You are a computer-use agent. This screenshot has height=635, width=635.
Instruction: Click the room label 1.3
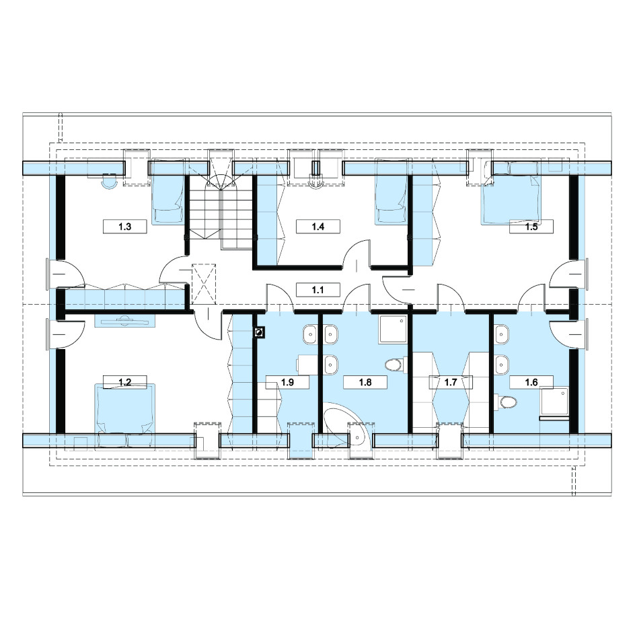[x=124, y=227]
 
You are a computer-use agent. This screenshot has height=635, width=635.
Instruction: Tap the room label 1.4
[x=318, y=227]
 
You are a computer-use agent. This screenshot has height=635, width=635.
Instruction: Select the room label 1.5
[x=531, y=227]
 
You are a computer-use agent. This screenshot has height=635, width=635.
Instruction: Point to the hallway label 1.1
[x=318, y=290]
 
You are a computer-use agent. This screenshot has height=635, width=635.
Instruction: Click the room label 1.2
[x=124, y=382]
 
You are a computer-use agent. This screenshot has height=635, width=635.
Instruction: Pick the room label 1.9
[x=287, y=382]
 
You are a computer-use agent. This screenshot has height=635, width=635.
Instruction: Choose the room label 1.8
[x=365, y=382]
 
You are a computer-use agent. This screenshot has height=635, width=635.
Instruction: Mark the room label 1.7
[x=451, y=382]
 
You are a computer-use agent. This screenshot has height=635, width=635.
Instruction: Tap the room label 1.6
[x=531, y=382]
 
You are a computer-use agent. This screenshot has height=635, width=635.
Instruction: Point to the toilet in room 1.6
[x=508, y=402]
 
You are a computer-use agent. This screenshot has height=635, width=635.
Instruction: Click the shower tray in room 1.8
[x=394, y=330]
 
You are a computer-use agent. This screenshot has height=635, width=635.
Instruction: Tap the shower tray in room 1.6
[x=555, y=404]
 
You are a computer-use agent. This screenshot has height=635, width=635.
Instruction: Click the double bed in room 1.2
[x=124, y=415]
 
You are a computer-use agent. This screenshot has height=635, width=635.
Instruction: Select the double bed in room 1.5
[x=511, y=193]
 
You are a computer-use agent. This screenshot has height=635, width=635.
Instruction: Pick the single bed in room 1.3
[x=168, y=192]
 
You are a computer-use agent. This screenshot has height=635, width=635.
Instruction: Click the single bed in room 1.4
[x=391, y=192]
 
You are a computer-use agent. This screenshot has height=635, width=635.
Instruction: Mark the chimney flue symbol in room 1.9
[x=259, y=332]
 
